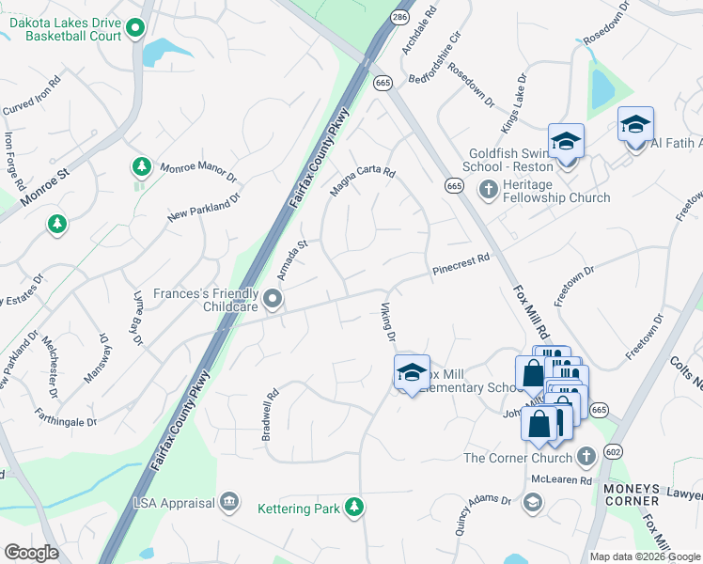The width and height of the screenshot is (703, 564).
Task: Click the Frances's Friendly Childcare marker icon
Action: pyautogui.click(x=273, y=300)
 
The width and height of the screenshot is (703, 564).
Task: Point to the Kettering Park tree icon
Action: pyautogui.click(x=353, y=508)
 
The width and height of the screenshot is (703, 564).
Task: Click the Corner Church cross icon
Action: pyautogui.click(x=586, y=458)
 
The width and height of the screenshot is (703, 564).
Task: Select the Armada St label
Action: pyautogui.click(x=292, y=259)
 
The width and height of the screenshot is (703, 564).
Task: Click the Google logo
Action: pyautogui.click(x=31, y=553)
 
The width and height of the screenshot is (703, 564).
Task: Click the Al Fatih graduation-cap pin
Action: pyautogui.click(x=635, y=123)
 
